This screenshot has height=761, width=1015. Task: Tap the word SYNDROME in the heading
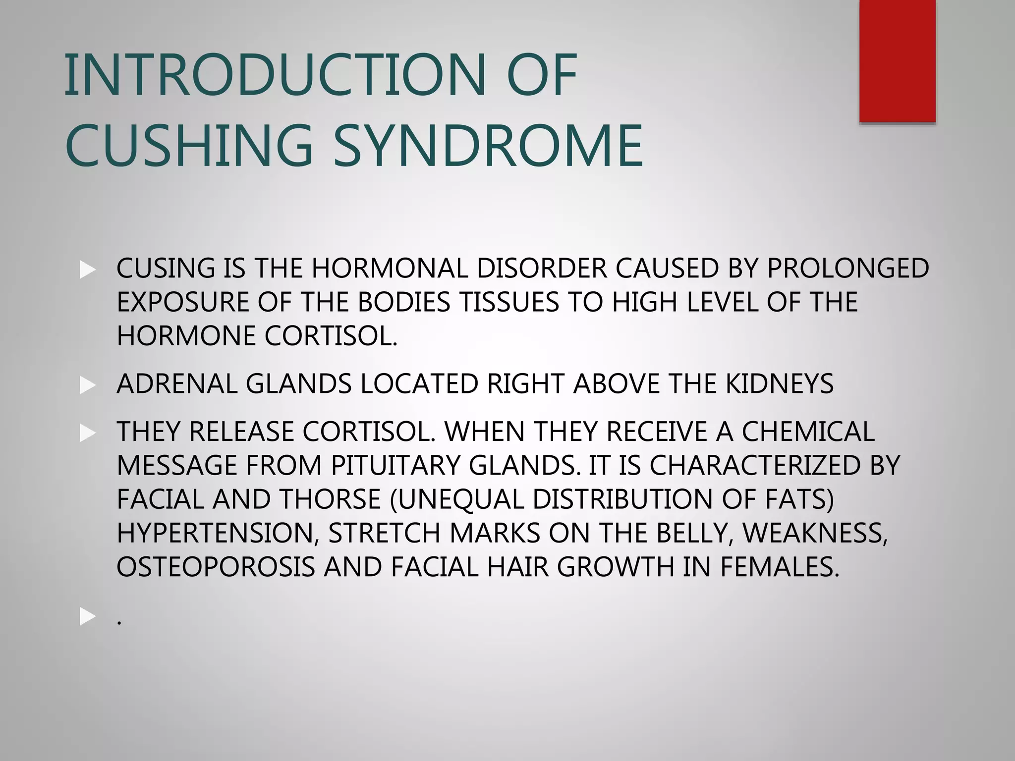click(x=488, y=145)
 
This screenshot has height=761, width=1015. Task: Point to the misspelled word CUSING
click(x=166, y=268)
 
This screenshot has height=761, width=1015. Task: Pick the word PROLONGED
click(x=847, y=268)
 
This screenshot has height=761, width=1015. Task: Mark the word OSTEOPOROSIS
click(x=216, y=566)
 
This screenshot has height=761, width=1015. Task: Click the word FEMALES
click(x=780, y=566)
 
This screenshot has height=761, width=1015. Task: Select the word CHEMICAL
click(x=808, y=431)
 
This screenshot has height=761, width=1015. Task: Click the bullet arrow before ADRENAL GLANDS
click(x=87, y=385)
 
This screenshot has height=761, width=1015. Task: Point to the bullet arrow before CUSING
click(x=87, y=270)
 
